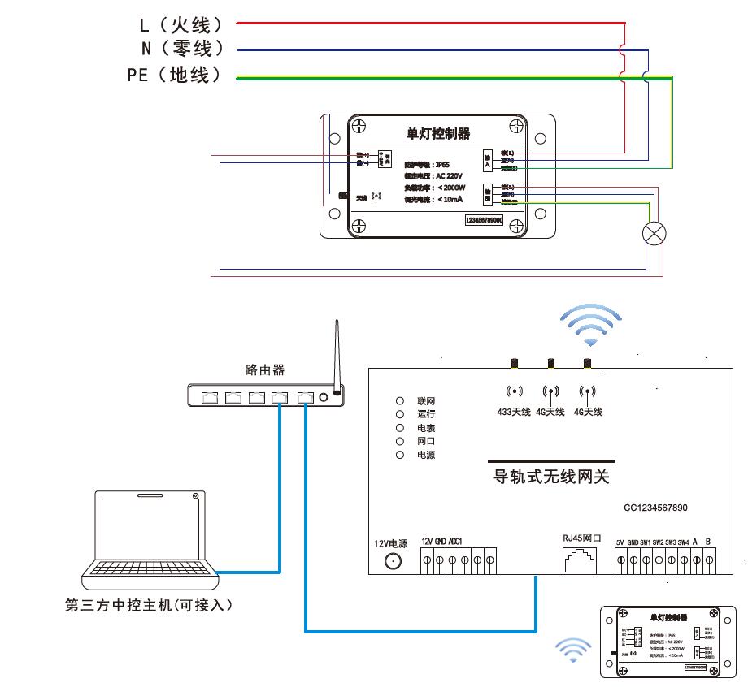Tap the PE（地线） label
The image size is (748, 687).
pyautogui.click(x=174, y=76)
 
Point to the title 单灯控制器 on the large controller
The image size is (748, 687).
pyautogui.click(x=438, y=133)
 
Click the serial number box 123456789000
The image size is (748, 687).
pyautogui.click(x=484, y=220)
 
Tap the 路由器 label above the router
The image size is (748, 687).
pyautogui.click(x=265, y=370)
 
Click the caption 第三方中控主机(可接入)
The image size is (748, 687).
pyautogui.click(x=154, y=606)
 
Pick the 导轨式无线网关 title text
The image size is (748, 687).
pyautogui.click(x=551, y=477)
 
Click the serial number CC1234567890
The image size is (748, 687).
pyautogui.click(x=655, y=508)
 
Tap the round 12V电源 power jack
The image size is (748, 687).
pyautogui.click(x=394, y=561)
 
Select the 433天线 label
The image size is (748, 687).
pyautogui.click(x=515, y=413)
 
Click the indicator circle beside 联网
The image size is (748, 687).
pyautogui.click(x=400, y=401)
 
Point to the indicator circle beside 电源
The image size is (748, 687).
pyautogui.click(x=400, y=455)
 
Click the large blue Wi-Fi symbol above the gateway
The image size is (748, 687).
pyautogui.click(x=593, y=322)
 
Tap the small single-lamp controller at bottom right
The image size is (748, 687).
pyautogui.click(x=659, y=642)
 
